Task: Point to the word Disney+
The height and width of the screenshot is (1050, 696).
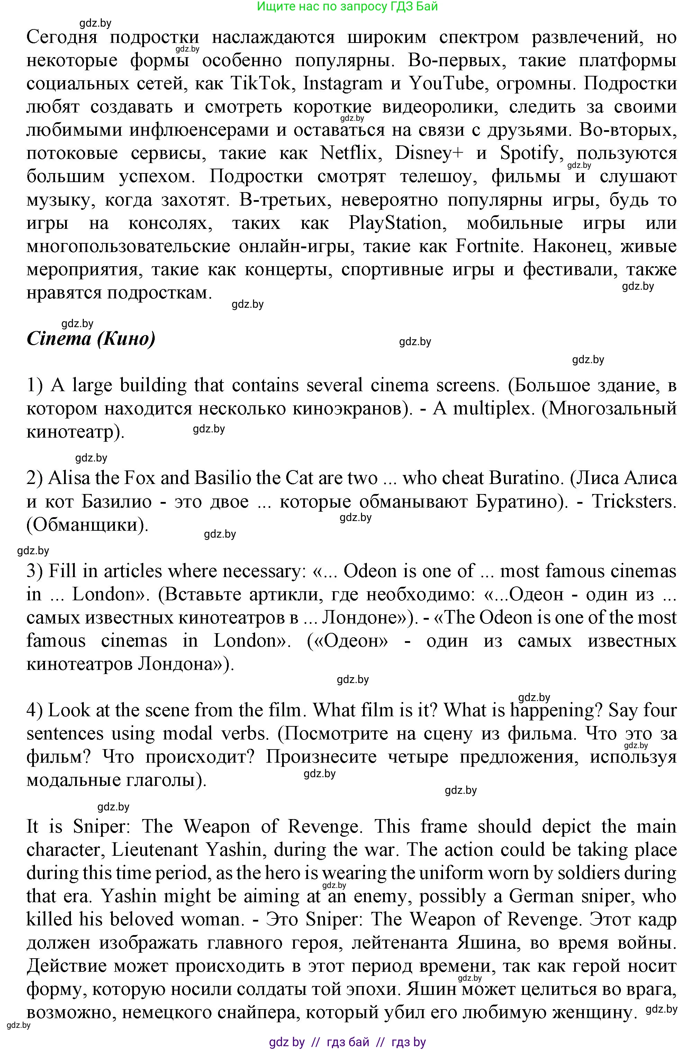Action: (x=429, y=153)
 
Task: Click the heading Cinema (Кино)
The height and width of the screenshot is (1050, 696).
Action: (x=91, y=339)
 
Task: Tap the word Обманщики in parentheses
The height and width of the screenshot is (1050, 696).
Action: (x=86, y=525)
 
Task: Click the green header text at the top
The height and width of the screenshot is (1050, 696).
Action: (x=347, y=6)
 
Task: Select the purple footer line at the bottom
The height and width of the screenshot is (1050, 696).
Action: (x=347, y=1042)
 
